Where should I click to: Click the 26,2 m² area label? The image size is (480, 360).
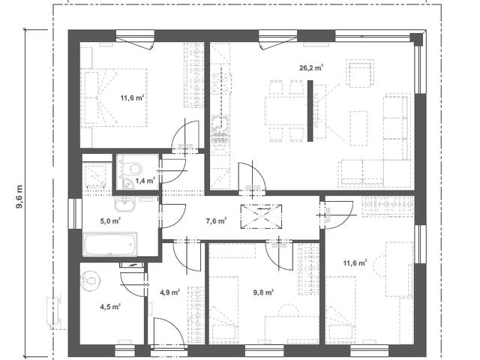pos(311,67)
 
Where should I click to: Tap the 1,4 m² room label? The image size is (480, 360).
pos(145,180)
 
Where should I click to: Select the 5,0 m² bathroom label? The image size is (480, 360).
pos(110,220)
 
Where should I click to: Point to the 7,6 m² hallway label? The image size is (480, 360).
pos(216,220)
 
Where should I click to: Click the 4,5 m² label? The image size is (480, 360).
pos(110,307)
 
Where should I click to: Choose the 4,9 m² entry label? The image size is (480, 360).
pos(169,292)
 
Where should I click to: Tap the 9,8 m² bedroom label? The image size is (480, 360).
pos(263,292)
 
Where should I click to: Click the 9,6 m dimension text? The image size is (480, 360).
pos(19,196)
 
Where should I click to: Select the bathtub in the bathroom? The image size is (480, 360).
pos(110,244)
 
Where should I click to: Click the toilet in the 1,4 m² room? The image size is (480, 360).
pos(134,167)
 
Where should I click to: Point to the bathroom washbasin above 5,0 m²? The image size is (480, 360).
pos(124,203)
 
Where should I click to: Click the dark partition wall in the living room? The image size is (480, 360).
pos(310,111)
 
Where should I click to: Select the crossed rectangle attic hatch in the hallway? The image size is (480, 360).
pos(261,217)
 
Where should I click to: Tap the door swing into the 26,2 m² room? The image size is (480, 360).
pos(252,177)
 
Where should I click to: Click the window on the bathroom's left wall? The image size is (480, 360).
pos(75,214)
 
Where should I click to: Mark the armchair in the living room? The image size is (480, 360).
pos(360,73)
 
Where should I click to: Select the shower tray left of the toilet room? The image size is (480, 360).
pos(95,177)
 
